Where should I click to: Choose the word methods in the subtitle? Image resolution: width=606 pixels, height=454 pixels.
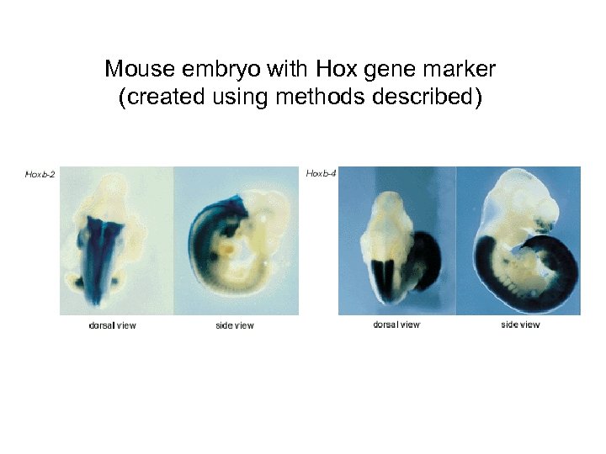coord(320,98)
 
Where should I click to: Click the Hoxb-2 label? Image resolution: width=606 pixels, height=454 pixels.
coord(40,175)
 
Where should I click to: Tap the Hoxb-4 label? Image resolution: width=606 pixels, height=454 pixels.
coord(322,173)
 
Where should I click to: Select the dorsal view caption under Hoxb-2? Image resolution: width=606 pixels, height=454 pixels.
coord(112,325)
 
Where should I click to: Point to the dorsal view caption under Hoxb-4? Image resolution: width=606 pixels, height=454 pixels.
coord(396,325)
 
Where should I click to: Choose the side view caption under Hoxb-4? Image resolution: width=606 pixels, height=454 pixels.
coord(520,325)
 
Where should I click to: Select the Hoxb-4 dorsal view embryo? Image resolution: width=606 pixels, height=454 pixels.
coord(394,248)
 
